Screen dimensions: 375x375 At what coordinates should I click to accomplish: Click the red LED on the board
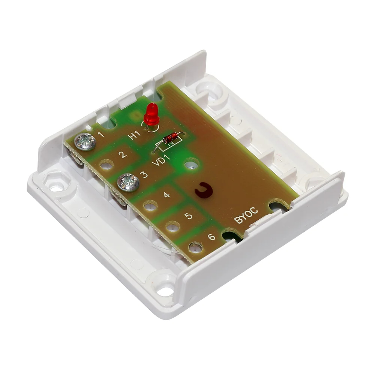tap(151, 114)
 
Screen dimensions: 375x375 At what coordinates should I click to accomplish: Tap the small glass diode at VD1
tap(170, 138)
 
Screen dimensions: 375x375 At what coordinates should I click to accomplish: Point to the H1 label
tap(134, 136)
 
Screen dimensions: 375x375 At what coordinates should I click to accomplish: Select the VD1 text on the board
tap(161, 161)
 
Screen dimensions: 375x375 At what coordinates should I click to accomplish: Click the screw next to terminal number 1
tap(85, 142)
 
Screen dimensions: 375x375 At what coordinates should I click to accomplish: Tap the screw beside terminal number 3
tap(128, 183)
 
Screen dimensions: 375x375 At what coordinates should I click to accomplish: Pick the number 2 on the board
tap(123, 154)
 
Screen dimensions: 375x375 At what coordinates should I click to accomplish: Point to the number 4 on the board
tap(167, 195)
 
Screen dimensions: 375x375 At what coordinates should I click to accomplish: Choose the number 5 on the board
tap(189, 216)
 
